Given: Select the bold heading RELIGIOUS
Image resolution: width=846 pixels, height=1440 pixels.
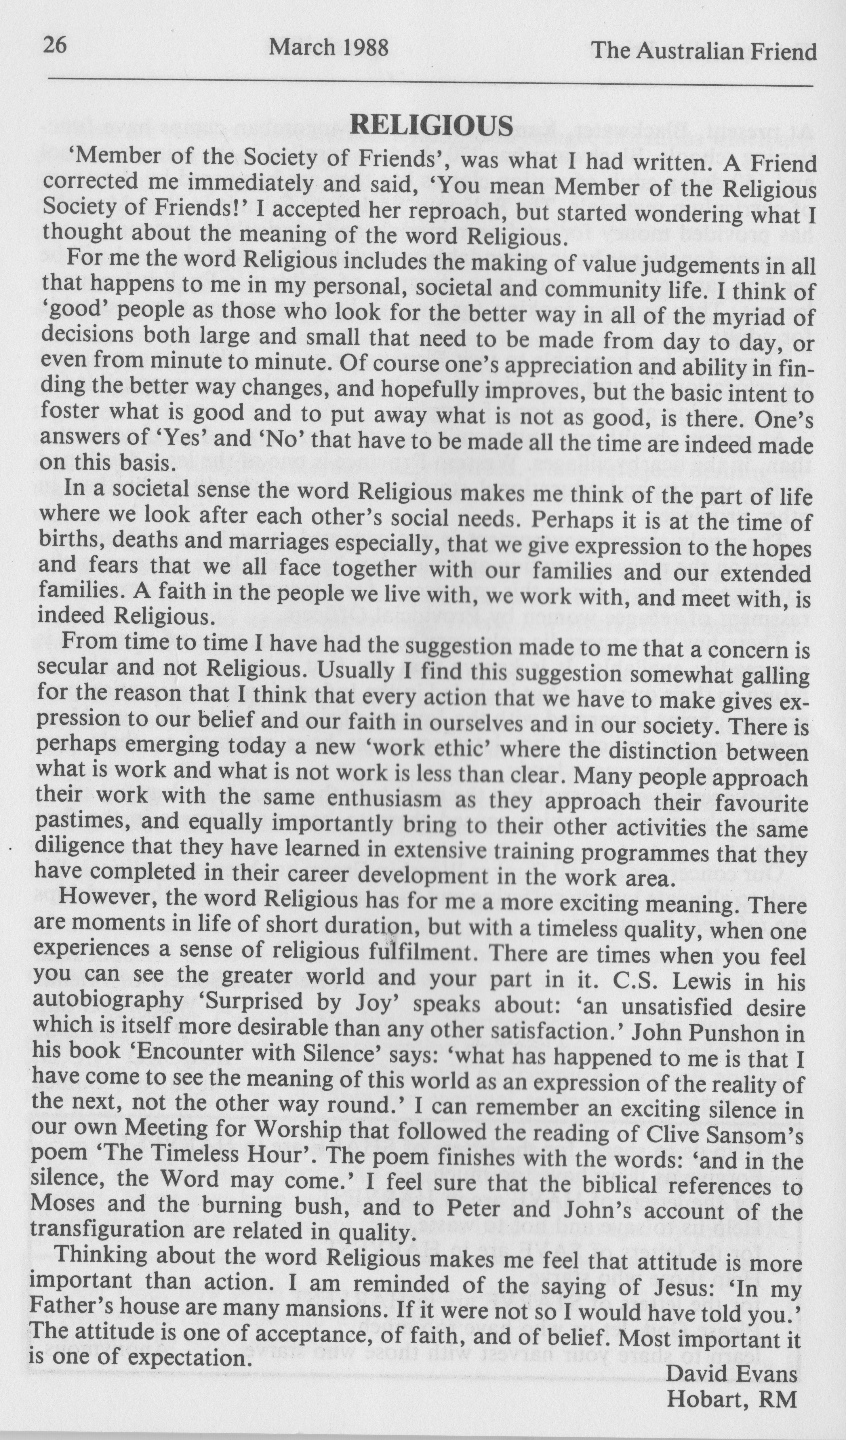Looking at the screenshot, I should tap(431, 126).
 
